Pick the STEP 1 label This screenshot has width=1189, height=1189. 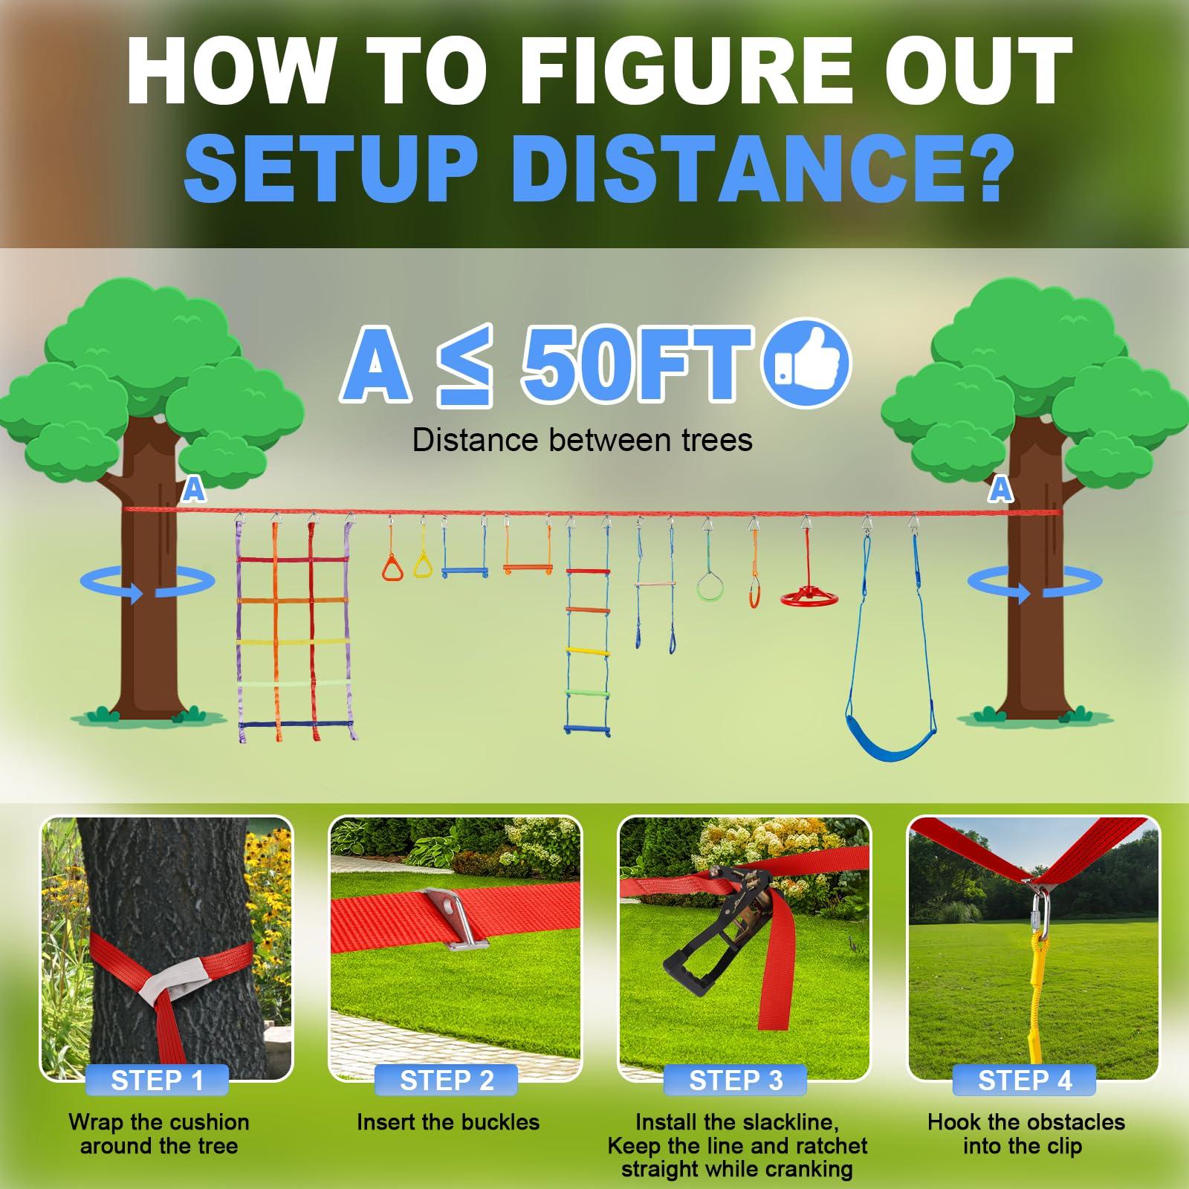click(157, 1080)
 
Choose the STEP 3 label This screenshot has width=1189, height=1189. click(736, 1080)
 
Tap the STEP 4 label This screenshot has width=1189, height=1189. click(1025, 1080)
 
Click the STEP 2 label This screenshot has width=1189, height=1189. click(447, 1080)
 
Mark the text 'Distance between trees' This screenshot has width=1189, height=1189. click(582, 440)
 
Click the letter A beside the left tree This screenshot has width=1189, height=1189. click(194, 490)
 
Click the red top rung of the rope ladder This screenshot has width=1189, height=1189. click(587, 571)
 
